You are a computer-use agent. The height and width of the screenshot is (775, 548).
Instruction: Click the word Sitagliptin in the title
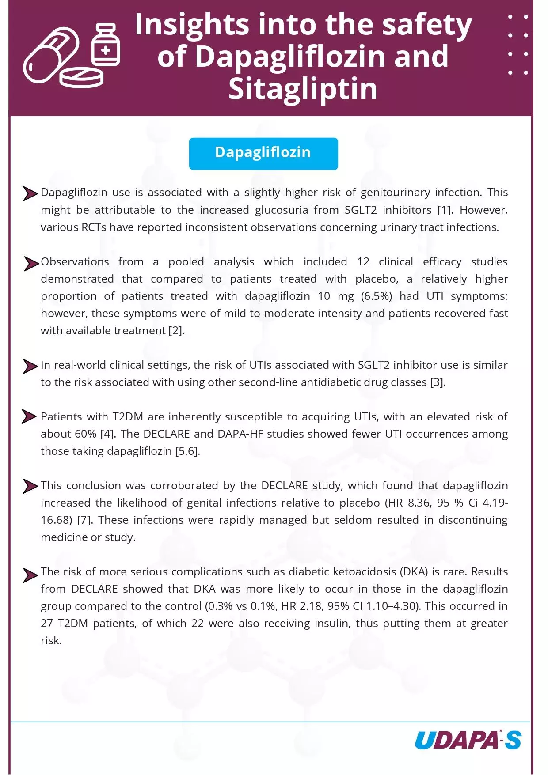tap(303, 89)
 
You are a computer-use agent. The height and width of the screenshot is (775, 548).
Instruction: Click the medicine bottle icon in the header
tap(106, 45)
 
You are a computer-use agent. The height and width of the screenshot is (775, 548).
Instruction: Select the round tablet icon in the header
tap(82, 78)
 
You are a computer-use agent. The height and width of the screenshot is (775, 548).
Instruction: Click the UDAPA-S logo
tap(468, 740)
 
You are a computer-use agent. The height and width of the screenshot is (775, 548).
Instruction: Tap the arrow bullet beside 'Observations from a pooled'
tap(30, 264)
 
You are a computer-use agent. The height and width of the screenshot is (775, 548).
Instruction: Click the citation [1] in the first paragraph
tap(445, 210)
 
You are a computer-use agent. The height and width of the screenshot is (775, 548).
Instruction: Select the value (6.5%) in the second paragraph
tap(377, 296)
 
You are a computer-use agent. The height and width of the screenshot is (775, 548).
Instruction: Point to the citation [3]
tap(438, 382)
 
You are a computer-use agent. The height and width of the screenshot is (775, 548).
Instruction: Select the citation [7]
tap(84, 520)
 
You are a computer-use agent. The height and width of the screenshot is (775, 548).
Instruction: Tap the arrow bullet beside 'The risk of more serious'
tap(30, 575)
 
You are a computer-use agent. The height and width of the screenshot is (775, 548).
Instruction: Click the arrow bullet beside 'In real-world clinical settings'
tap(30, 367)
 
